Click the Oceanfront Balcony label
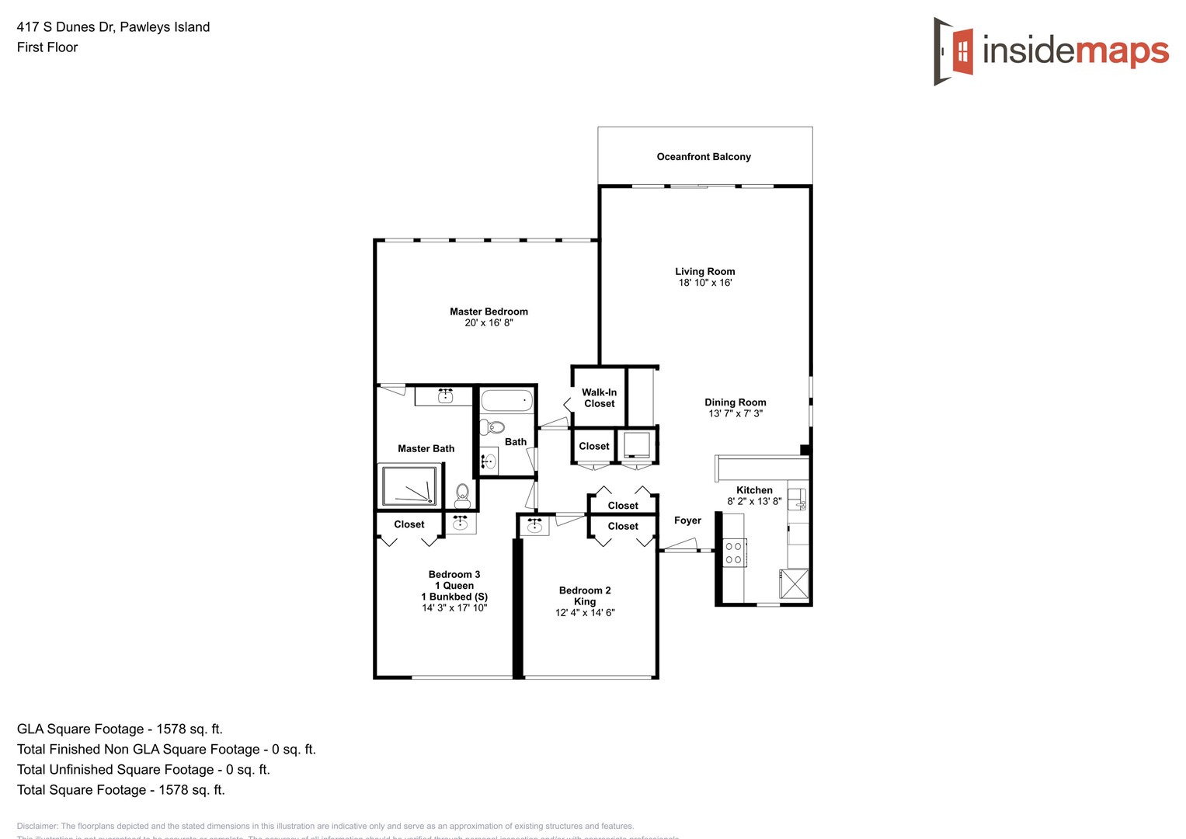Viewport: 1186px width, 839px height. point(704,157)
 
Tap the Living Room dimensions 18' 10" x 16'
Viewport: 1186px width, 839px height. point(704,283)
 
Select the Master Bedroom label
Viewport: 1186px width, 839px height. point(489,312)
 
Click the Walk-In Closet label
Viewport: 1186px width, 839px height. point(599,398)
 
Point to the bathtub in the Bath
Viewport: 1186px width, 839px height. point(506,401)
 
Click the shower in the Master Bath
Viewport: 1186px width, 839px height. point(409,486)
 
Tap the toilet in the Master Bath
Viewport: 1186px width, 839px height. point(462,495)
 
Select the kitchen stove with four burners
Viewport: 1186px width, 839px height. point(734,552)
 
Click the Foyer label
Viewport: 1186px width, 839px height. point(687,520)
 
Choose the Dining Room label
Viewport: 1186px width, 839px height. point(735,402)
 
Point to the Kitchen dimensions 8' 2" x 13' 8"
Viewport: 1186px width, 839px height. point(754,501)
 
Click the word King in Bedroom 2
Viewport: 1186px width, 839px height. point(585,601)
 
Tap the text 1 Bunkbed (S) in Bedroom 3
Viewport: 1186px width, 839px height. point(454,597)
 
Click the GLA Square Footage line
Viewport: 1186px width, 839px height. point(120,729)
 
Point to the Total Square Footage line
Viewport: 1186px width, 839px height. point(120,789)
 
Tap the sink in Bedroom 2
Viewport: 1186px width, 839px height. point(534,526)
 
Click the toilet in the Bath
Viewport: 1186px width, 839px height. point(492,427)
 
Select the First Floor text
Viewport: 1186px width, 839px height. point(47,47)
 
